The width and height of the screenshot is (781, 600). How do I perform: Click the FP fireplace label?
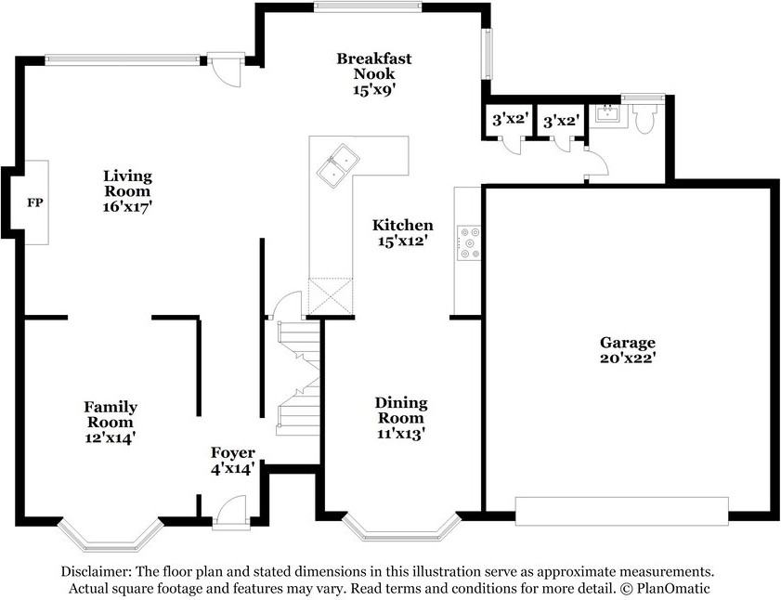34,202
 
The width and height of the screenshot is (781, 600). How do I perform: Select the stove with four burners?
468,242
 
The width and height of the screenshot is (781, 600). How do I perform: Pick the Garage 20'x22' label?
627,349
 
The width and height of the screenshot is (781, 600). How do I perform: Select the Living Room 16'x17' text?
127,191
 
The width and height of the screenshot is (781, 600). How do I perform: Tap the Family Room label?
111,421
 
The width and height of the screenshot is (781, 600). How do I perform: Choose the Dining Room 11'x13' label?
401,417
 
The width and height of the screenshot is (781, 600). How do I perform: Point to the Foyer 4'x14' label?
232,461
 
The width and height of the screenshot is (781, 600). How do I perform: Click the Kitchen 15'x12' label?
402,232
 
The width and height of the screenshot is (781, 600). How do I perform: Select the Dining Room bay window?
401,528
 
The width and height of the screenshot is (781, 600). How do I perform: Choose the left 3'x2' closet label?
510,120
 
